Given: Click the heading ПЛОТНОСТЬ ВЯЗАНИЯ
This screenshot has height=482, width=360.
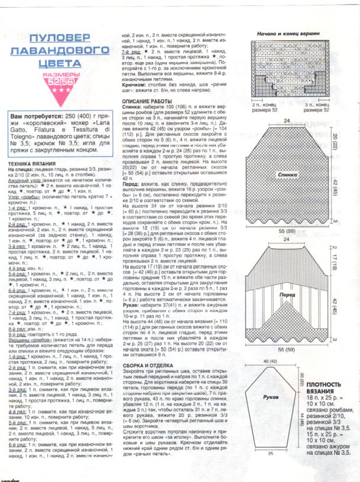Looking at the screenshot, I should (x=325, y=370).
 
